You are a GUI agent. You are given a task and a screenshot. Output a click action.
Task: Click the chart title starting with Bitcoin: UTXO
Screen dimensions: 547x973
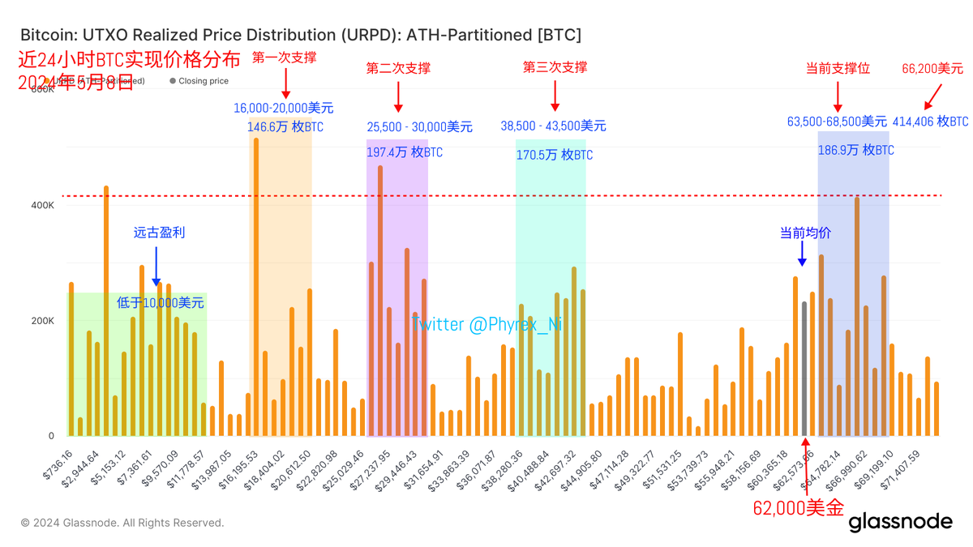(300, 35)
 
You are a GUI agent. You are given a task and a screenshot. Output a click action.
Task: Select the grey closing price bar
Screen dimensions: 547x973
(804, 369)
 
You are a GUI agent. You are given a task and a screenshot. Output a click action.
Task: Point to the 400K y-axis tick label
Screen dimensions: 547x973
(41, 206)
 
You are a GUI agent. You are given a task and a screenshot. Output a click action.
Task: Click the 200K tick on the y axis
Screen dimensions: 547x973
(41, 321)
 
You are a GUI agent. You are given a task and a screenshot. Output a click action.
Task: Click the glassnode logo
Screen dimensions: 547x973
(900, 521)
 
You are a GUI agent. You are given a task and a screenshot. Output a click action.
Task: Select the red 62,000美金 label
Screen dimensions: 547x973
(798, 508)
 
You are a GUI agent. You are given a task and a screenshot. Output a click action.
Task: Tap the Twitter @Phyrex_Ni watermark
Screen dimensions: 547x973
(486, 324)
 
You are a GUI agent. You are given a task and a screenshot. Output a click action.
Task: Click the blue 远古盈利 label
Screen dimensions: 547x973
(159, 233)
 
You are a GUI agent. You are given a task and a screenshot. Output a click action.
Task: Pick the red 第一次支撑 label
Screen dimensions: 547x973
(284, 58)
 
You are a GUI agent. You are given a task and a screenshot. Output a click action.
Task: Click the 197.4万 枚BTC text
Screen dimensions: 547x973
(405, 152)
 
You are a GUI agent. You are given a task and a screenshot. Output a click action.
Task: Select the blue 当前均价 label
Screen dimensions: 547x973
(805, 233)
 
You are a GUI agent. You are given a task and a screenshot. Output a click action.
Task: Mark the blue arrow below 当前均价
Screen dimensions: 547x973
(802, 255)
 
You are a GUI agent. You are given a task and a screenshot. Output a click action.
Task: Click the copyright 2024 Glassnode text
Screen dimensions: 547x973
(122, 523)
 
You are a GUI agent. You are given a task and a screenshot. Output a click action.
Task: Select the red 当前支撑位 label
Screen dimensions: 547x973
(838, 69)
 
